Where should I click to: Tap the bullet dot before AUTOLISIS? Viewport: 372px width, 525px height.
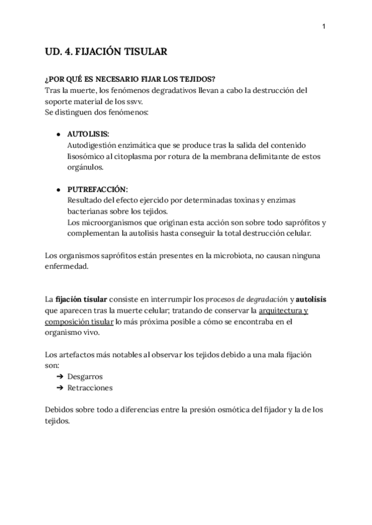tap(58, 134)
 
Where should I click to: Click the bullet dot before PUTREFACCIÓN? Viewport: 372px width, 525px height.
tap(58, 189)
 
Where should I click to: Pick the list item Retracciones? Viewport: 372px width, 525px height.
tap(90, 388)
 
